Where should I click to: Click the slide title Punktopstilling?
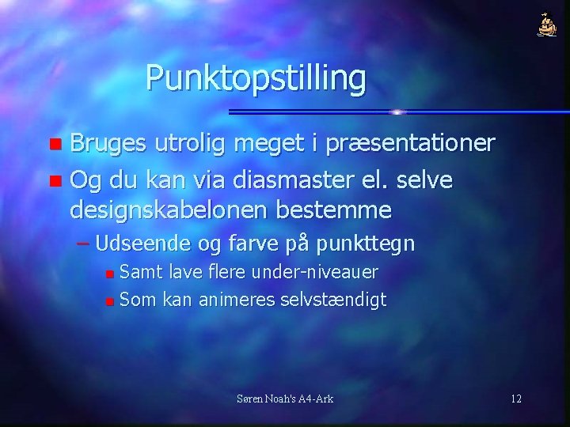(x=256, y=78)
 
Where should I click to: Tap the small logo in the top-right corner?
(x=547, y=26)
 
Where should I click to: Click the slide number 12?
(x=516, y=399)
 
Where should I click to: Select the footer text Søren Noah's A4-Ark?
(x=285, y=399)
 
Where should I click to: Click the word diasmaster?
(x=280, y=181)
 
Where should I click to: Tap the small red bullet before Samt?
(x=110, y=274)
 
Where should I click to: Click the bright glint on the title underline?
(x=397, y=111)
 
